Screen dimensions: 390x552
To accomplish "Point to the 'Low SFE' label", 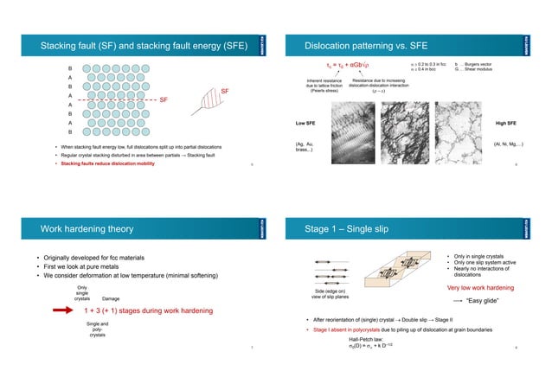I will [306, 124].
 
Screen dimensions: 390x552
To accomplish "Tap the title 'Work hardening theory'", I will [88, 229].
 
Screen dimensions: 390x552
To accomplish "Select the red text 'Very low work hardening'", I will [482, 287].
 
